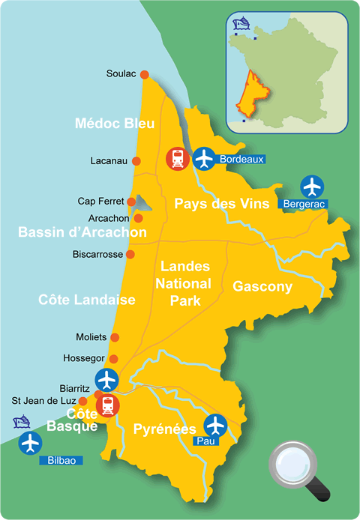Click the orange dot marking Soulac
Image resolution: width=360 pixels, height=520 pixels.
(x=145, y=74)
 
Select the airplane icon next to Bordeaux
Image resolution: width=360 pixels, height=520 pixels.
(x=203, y=158)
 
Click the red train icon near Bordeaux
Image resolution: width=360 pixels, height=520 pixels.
(x=176, y=158)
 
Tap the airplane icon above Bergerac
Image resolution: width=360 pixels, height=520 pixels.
(x=311, y=185)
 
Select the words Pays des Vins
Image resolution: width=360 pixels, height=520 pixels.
(x=212, y=203)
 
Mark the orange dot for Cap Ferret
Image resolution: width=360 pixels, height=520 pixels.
(x=131, y=201)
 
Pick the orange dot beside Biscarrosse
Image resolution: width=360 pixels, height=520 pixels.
(x=130, y=255)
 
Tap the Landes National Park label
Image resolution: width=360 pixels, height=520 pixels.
(x=183, y=284)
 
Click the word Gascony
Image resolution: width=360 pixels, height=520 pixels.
(x=262, y=286)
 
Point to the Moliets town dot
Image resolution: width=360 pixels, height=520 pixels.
(x=114, y=337)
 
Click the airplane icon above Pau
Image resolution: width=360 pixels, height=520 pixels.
(x=215, y=425)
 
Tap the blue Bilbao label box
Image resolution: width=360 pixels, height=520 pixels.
(x=61, y=459)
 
